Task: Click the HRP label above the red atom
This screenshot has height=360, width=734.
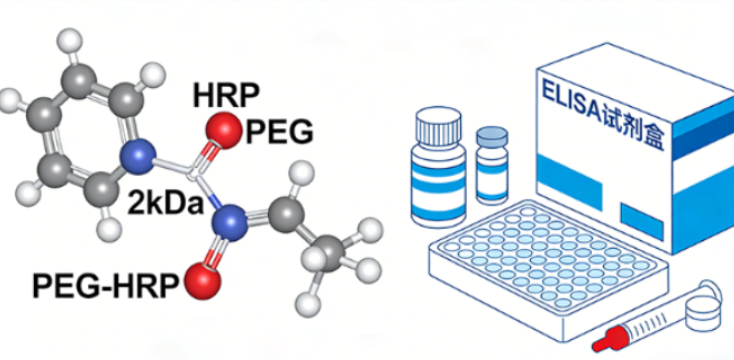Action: click(x=227, y=95)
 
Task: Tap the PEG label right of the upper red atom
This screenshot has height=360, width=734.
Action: click(x=280, y=130)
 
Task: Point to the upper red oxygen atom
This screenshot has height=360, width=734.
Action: click(x=225, y=131)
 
